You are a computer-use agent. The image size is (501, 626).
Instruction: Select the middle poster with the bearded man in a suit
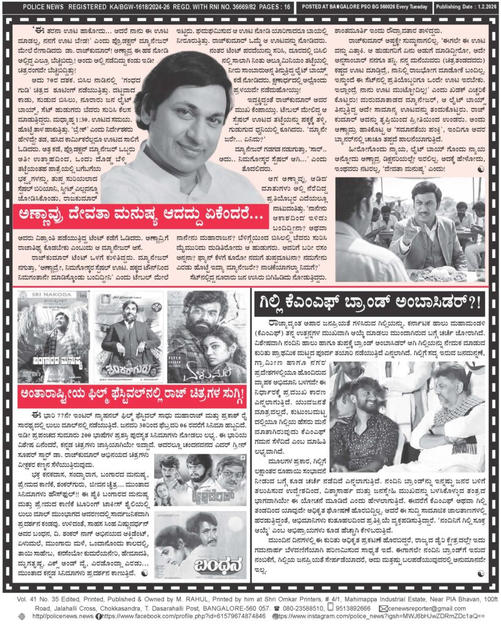(x=128, y=337)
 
